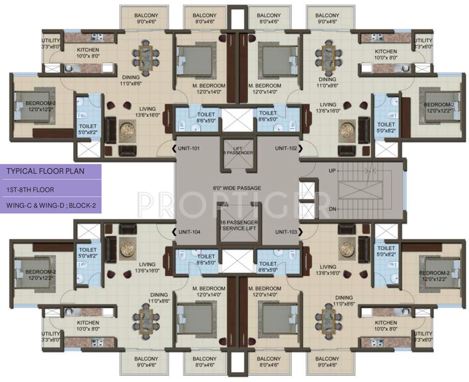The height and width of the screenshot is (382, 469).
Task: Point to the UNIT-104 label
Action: point(188,232)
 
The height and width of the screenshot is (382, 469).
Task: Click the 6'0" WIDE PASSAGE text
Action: point(237,188)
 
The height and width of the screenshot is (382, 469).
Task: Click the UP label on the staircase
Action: point(332,171)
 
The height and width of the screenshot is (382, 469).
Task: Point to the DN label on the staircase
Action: point(332,209)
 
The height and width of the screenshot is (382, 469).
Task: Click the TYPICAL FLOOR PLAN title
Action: point(45,172)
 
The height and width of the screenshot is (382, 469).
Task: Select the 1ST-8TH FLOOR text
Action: point(30,190)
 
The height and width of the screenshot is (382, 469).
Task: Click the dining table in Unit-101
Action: point(147,57)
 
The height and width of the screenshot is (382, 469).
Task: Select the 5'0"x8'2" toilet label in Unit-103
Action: point(386,251)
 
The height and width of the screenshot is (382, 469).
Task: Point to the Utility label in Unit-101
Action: point(51,40)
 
